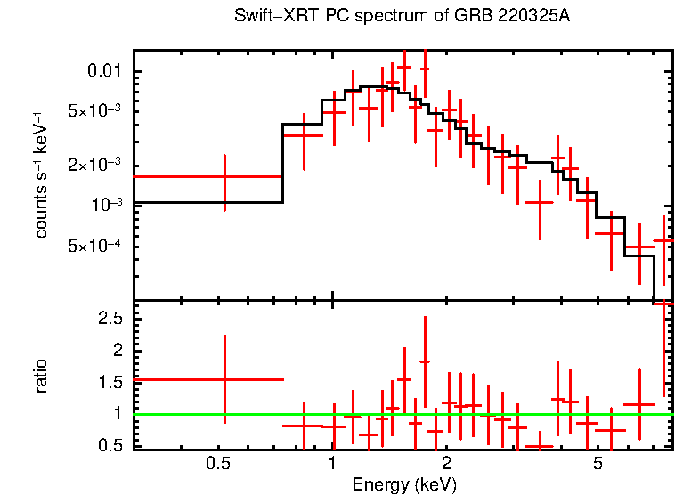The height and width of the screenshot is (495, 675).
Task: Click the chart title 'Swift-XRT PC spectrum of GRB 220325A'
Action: point(402,17)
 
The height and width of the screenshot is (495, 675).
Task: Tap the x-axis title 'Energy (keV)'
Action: point(403,484)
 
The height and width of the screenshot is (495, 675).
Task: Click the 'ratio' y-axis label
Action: point(41,376)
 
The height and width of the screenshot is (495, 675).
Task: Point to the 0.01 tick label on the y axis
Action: point(109,71)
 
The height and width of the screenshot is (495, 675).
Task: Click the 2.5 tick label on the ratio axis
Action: point(112,319)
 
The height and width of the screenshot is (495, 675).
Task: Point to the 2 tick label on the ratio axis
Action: point(119,351)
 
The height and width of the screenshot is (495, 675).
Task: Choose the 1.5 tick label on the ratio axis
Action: point(112,382)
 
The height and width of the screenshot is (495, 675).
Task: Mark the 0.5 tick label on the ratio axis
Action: point(112,444)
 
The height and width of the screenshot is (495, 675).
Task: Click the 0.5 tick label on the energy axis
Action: point(217,464)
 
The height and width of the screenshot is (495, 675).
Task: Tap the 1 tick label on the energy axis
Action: point(332,464)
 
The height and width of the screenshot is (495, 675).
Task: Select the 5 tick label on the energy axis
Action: point(598,464)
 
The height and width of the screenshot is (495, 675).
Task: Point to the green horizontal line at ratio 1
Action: point(401,414)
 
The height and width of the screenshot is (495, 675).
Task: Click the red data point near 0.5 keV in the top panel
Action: point(224,177)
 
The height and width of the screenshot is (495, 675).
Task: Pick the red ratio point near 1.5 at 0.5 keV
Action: point(224,379)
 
